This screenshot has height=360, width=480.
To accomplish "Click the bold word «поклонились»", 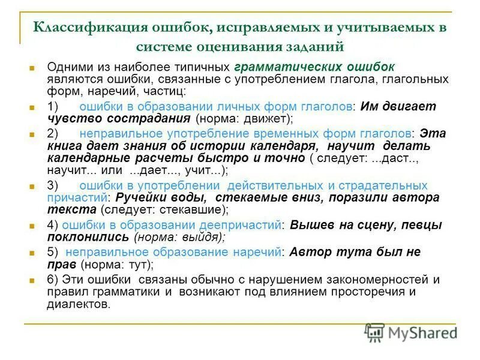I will pos(88,237).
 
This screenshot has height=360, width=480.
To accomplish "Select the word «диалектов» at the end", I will pos(79,304).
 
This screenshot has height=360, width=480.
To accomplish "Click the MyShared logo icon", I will pos(375,332).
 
